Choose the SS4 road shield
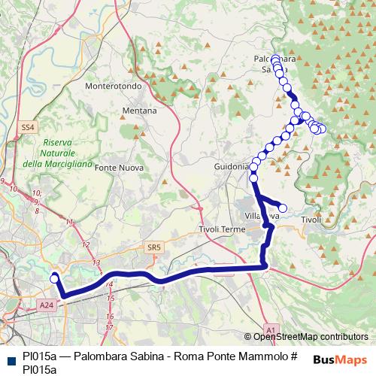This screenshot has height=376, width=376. click(x=29, y=128)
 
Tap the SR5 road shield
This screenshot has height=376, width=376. click(x=155, y=247)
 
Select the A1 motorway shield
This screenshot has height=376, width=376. click(x=271, y=328)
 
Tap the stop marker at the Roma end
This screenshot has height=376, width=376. click(x=54, y=279)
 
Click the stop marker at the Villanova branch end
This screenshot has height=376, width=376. click(x=284, y=208)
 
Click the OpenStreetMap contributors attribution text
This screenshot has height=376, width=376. click(x=310, y=337)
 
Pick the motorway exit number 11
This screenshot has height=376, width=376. click(x=70, y=222)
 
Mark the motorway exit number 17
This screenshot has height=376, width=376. click(x=109, y=327)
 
